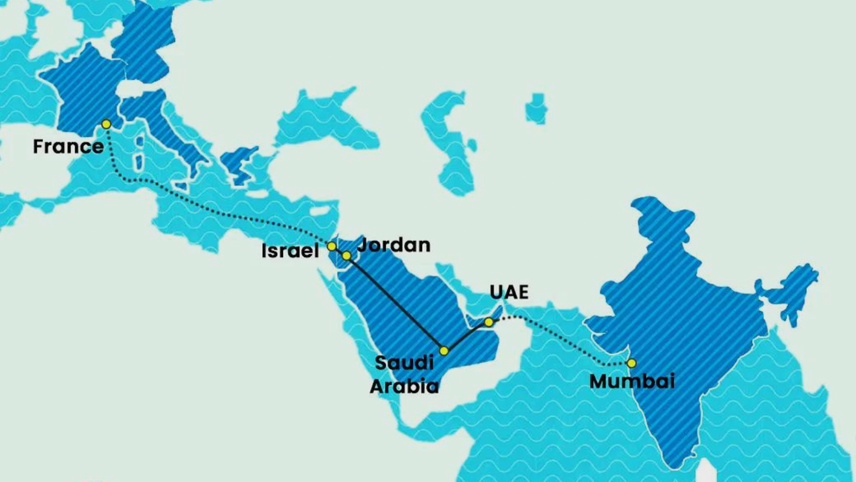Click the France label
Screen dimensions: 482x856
tap(68, 146)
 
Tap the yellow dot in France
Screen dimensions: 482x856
tap(106, 124)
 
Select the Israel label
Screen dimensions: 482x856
tap(290, 250)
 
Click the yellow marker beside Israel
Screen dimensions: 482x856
tap(332, 246)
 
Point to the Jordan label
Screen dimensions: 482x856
tap(394, 245)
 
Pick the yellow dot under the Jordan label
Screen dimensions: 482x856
tap(347, 256)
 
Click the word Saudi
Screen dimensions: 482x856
tap(404, 363)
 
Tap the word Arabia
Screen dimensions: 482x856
tap(404, 386)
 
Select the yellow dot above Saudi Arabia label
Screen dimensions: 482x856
tap(444, 351)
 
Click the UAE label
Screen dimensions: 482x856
tap(509, 292)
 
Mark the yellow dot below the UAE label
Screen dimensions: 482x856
tap(488, 322)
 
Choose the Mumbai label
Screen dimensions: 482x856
tap(632, 381)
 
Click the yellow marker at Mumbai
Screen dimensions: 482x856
tap(631, 363)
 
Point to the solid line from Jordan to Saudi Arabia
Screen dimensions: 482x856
tap(396, 304)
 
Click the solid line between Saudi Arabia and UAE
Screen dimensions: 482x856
tap(465, 336)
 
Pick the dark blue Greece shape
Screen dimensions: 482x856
tap(235, 161)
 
